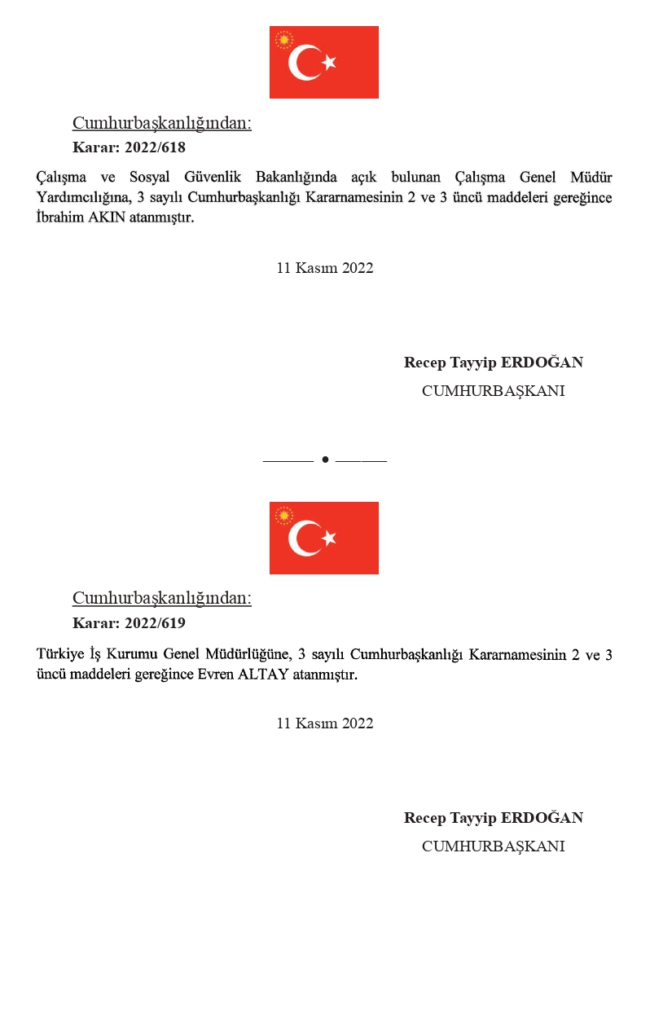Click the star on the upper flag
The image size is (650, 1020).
[x=328, y=63]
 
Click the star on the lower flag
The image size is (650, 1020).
[x=328, y=539]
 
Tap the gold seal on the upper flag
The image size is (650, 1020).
[x=284, y=39]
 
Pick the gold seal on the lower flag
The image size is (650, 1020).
[x=284, y=515]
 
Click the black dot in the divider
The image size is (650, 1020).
[x=325, y=460]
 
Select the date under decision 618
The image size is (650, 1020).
[x=325, y=268]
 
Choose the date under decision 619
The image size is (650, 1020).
[x=325, y=723]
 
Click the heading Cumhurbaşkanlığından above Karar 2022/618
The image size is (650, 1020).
[x=161, y=123]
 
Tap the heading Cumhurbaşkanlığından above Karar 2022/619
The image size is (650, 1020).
[x=161, y=598]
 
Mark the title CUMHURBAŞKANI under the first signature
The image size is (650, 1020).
[x=493, y=391]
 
